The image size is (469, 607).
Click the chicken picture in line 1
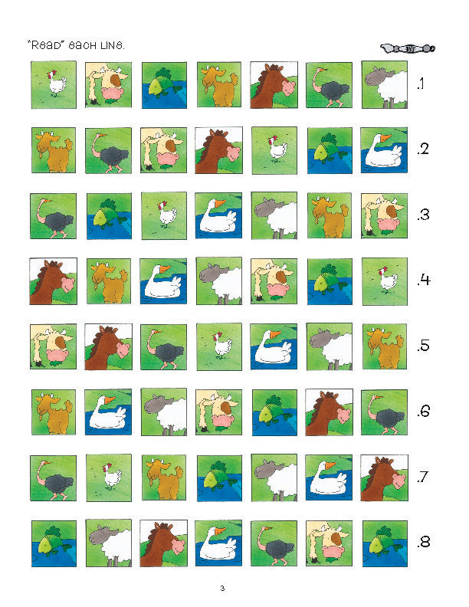(x=53, y=84)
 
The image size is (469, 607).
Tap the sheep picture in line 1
(x=384, y=84)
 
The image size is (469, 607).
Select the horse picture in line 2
(x=218, y=150)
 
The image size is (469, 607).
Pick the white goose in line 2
(x=384, y=150)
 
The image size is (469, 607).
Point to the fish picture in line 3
(x=108, y=215)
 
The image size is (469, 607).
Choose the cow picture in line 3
(x=384, y=215)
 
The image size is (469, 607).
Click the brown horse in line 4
(x=53, y=281)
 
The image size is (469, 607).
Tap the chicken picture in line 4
(x=384, y=281)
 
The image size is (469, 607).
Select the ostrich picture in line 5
(x=163, y=346)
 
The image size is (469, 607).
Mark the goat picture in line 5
(x=384, y=346)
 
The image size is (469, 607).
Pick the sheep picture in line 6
(x=163, y=412)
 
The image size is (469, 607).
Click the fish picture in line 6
(x=274, y=412)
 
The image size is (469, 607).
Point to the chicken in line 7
(x=108, y=477)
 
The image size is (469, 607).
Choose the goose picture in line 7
(x=329, y=477)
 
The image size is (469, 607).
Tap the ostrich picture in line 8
(x=274, y=543)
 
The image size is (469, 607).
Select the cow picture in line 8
(x=329, y=543)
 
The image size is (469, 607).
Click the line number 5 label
(x=423, y=346)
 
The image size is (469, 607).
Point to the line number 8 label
(x=423, y=543)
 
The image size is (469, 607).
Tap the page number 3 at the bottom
(x=222, y=588)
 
